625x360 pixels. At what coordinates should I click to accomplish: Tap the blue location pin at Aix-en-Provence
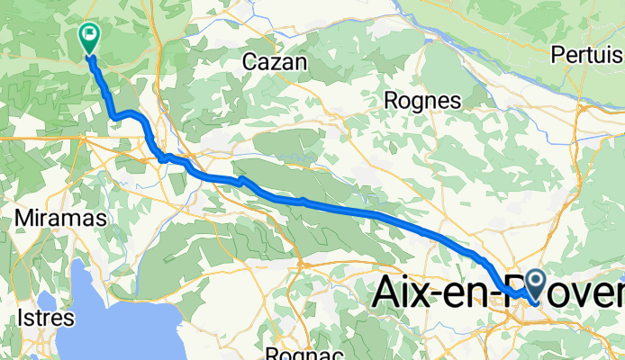[x=535, y=286]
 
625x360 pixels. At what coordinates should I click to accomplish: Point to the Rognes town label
[x=422, y=100]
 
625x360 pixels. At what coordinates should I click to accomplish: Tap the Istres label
[x=45, y=318]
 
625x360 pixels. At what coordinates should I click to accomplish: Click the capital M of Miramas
[x=25, y=220]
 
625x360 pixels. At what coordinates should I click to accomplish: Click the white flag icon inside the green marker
[x=90, y=37]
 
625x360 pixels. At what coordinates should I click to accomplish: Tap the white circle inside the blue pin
[x=535, y=283]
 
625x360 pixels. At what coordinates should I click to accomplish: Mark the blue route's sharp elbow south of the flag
[x=113, y=116]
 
